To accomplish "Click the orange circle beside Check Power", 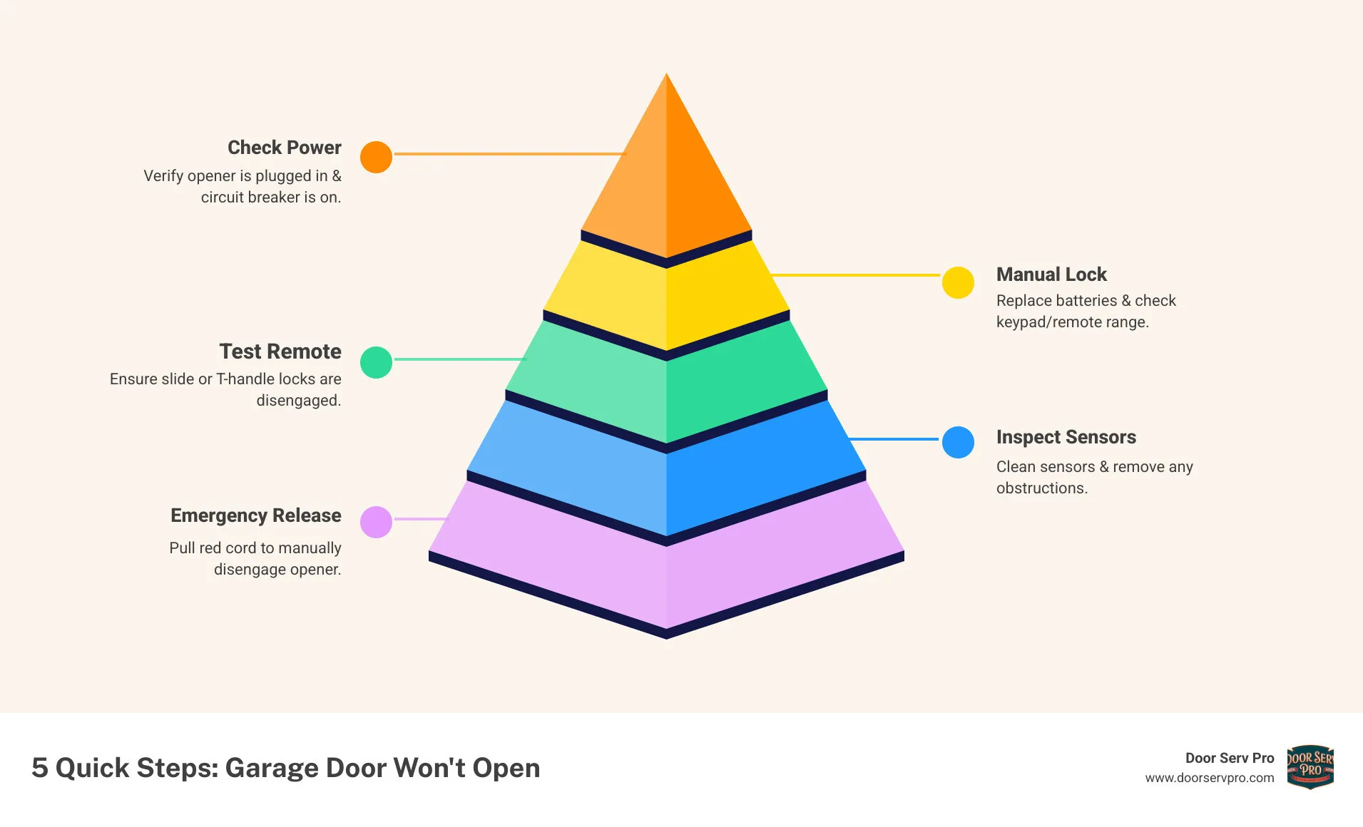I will click(x=376, y=157).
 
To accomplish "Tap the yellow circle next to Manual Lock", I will click(x=958, y=282).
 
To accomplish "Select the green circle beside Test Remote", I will click(x=376, y=362).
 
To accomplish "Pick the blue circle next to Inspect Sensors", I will click(x=958, y=442).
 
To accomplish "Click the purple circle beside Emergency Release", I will click(x=376, y=522).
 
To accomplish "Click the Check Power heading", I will click(x=284, y=148).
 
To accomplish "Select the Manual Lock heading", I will click(x=1051, y=274).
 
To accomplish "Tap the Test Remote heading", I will click(x=280, y=351).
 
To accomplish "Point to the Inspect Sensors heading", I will click(x=1066, y=437).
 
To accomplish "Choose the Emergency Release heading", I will click(x=255, y=515).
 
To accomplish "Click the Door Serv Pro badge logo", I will click(x=1310, y=767).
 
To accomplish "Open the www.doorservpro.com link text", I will click(x=1209, y=778).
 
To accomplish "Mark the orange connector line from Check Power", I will click(x=509, y=154).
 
